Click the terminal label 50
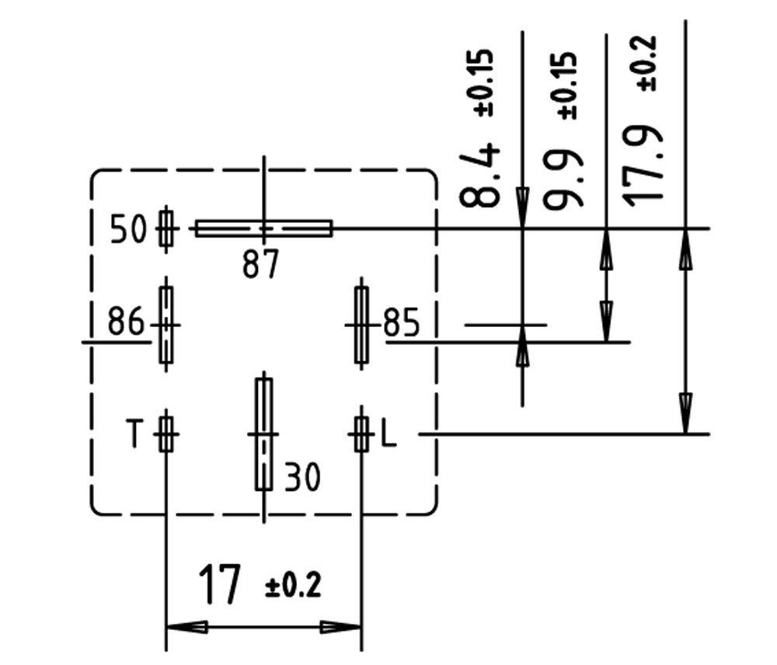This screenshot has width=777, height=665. pyautogui.click(x=129, y=230)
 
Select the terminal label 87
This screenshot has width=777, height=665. pyautogui.click(x=260, y=266)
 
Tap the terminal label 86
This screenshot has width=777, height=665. pyautogui.click(x=126, y=322)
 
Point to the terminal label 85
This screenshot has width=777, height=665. pyautogui.click(x=402, y=323)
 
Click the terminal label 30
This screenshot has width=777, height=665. pyautogui.click(x=302, y=477)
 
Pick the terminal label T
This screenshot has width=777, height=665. pyautogui.click(x=135, y=433)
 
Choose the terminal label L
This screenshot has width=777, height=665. pyautogui.click(x=388, y=433)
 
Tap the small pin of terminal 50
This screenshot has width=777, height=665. pyautogui.click(x=166, y=228)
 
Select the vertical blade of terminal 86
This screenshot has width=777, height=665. pyautogui.click(x=166, y=325)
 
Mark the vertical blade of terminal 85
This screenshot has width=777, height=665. pyautogui.click(x=361, y=325)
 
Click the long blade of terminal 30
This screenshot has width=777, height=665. pyautogui.click(x=264, y=433)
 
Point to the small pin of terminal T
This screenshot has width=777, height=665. pyautogui.click(x=166, y=433)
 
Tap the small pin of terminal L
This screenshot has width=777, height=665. pyautogui.click(x=361, y=433)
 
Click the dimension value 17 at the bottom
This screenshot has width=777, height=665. pyautogui.click(x=220, y=586)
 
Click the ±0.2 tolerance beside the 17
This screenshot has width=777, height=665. pyautogui.click(x=293, y=586)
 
